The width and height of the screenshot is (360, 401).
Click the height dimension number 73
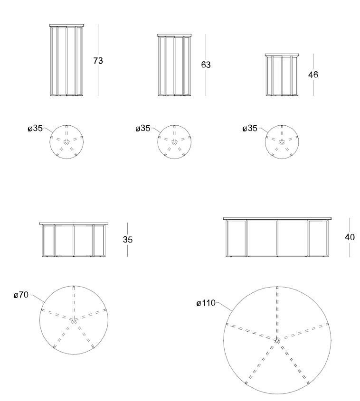(x=98, y=61)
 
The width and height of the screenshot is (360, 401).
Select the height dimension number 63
(x=206, y=65)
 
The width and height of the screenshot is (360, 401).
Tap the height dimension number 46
(x=313, y=75)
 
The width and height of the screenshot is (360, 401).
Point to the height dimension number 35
(x=128, y=240)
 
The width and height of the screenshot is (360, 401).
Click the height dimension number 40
(x=350, y=237)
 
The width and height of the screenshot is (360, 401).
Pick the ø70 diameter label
(x=21, y=295)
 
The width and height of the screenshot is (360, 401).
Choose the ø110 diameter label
(x=206, y=303)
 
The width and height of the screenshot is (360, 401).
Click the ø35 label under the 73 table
(x=35, y=128)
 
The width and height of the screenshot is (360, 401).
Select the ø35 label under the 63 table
(x=143, y=128)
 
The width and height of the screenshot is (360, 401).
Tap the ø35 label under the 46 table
(x=250, y=128)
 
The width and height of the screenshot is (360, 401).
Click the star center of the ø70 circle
(x=74, y=320)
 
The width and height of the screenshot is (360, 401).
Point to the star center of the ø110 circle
(x=277, y=340)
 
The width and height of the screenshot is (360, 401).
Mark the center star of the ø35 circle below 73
(x=67, y=142)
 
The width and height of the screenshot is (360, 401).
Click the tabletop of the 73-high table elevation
(x=67, y=25)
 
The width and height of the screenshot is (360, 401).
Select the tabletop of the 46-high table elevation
(x=282, y=55)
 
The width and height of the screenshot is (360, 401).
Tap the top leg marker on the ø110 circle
(x=277, y=288)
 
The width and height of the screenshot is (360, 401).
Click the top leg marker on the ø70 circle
(x=74, y=288)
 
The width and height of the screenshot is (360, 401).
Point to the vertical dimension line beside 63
(x=206, y=65)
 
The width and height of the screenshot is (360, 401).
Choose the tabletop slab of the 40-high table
(x=277, y=219)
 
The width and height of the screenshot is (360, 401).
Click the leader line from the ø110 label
(x=224, y=307)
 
